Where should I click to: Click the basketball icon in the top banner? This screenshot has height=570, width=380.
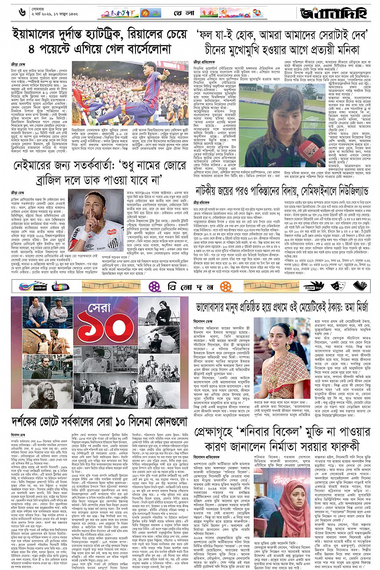pos(145,13)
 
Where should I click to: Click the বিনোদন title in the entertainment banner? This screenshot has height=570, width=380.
pos(191,286)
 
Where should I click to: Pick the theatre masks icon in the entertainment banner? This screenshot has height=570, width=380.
pos(359,286)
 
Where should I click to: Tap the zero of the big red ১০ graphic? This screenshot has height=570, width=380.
pos(118,332)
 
